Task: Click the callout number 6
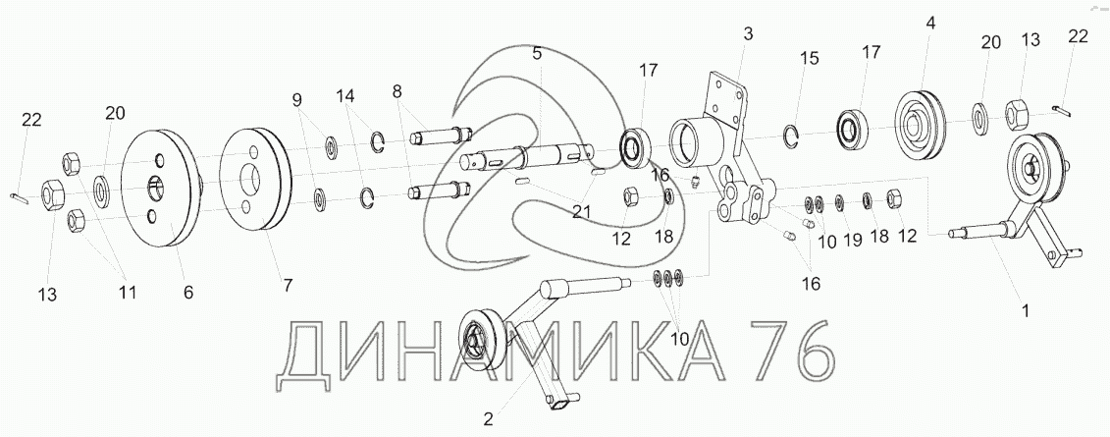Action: (188, 293)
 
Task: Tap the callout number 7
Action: (287, 285)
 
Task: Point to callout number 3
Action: (748, 33)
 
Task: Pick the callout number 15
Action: (809, 60)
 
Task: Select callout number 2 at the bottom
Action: (488, 419)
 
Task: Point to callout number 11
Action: (128, 292)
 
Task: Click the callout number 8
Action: (396, 91)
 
